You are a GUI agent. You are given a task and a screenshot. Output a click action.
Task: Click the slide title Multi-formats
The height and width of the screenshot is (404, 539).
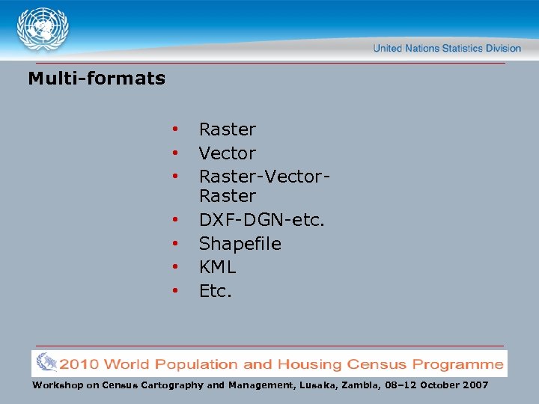(x=97, y=78)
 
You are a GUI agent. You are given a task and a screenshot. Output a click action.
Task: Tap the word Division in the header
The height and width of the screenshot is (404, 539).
(x=504, y=48)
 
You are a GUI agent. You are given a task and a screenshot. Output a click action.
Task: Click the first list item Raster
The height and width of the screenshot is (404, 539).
(x=228, y=129)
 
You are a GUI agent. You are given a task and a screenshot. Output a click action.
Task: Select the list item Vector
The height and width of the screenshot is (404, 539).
(x=228, y=153)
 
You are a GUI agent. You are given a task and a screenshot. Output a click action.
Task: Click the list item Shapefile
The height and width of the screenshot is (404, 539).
(x=240, y=244)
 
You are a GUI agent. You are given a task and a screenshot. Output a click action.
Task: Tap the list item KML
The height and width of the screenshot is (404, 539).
(x=217, y=267)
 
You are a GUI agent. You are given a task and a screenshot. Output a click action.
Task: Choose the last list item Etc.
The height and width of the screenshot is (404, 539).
(x=216, y=291)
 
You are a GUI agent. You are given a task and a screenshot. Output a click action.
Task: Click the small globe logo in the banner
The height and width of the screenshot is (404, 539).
(x=46, y=364)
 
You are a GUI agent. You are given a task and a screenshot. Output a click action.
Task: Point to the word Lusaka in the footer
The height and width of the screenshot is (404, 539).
(x=320, y=385)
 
